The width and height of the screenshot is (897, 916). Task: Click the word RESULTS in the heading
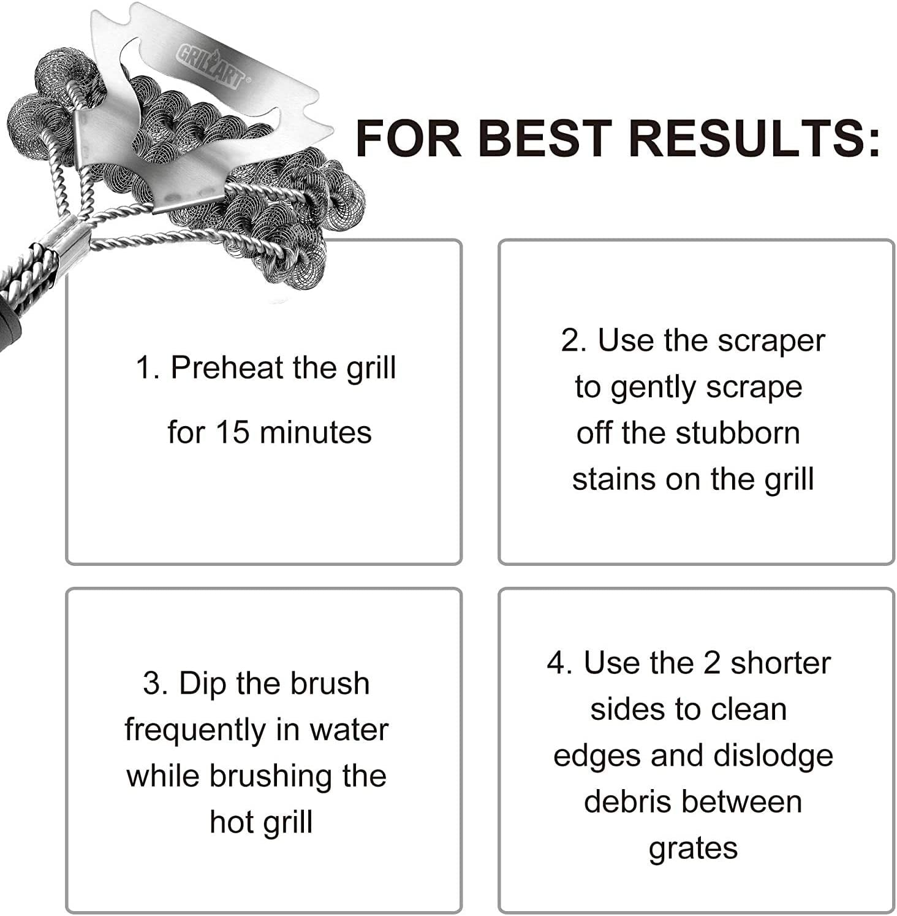tap(754, 137)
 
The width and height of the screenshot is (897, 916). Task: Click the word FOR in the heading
tap(408, 137)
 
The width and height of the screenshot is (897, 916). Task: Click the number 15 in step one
tap(232, 432)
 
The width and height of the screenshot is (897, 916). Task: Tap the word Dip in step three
tap(202, 684)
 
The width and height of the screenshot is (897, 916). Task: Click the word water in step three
tap(349, 730)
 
